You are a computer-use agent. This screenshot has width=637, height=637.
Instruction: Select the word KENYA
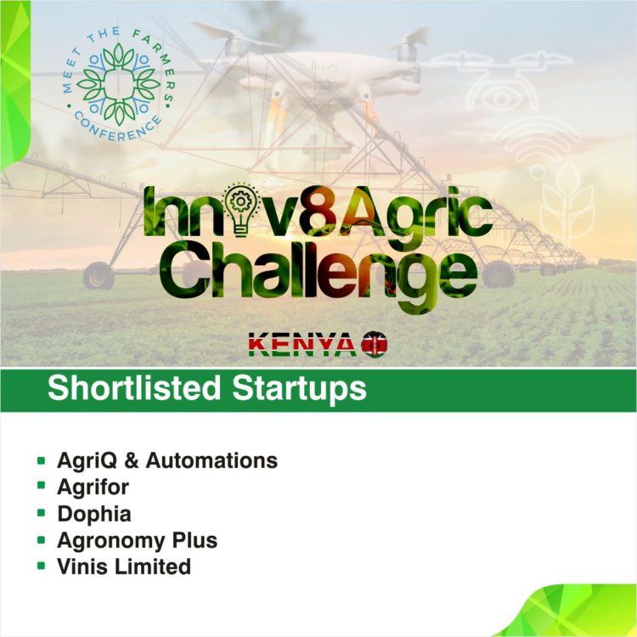[x=302, y=345]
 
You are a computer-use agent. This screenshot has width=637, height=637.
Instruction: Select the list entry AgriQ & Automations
[x=166, y=460]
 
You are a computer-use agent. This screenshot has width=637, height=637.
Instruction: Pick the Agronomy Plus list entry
[x=137, y=539]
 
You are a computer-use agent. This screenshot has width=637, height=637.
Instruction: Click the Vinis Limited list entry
[x=123, y=566]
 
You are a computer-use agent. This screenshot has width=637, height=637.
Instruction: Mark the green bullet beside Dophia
[x=41, y=513]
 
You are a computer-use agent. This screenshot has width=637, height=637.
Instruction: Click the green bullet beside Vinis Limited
[x=41, y=566]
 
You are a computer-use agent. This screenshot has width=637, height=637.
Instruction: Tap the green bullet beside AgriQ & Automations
[x=41, y=460]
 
